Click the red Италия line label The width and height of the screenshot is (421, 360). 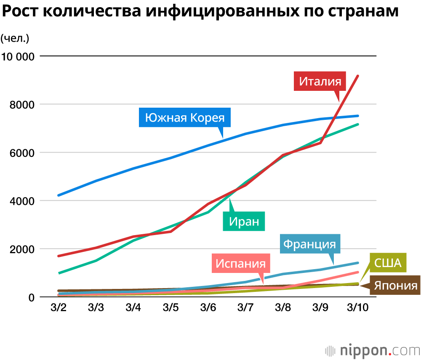click(x=320, y=81)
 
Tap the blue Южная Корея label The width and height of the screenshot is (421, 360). click(x=185, y=118)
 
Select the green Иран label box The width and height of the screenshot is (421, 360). click(x=244, y=221)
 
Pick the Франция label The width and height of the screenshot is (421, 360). click(x=310, y=244)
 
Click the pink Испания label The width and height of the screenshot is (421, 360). click(x=240, y=264)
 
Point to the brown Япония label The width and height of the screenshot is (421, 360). click(x=394, y=286)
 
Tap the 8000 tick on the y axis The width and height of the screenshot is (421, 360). click(x=21, y=104)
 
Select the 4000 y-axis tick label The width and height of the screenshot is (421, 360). click(x=21, y=201)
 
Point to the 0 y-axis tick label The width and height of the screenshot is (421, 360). click(x=30, y=297)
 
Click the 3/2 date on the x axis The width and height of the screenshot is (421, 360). click(x=59, y=307)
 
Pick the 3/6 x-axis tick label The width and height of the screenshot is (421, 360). click(x=208, y=307)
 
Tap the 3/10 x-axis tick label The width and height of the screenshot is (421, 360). click(x=357, y=307)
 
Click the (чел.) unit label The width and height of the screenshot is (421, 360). click(x=15, y=38)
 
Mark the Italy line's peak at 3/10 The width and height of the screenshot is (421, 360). click(x=357, y=76)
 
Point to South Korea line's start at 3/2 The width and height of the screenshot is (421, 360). click(x=59, y=195)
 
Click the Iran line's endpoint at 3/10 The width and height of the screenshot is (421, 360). click(x=357, y=124)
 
